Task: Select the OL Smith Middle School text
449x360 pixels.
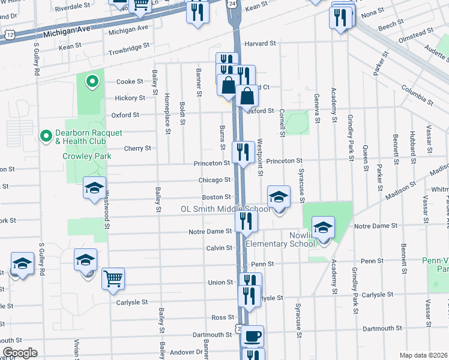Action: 226,209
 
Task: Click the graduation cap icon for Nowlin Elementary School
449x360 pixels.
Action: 323,227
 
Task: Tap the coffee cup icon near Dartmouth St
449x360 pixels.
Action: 252,336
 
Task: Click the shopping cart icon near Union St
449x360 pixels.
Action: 113,279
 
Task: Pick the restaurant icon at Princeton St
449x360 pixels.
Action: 243,152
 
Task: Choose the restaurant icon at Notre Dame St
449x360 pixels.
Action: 246,221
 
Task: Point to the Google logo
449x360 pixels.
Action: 20,353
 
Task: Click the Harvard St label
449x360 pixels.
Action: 260,43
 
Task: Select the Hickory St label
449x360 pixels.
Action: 130,98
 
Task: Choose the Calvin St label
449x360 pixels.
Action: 219,248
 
